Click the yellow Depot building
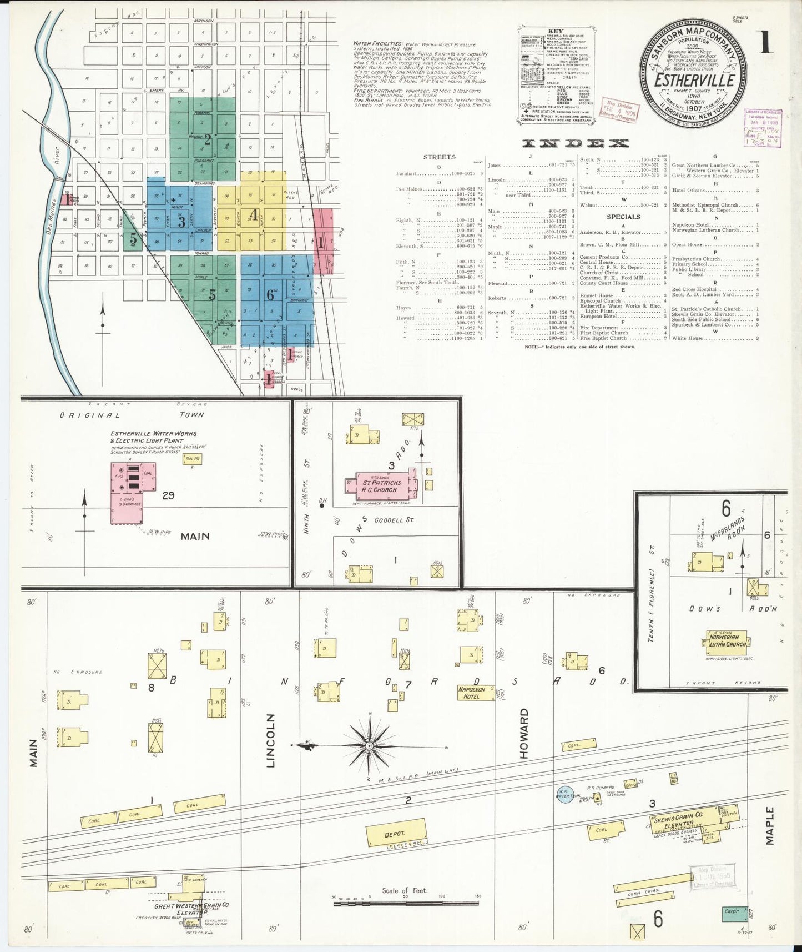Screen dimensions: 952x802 point(395,834)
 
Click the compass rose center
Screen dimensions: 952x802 point(369,745)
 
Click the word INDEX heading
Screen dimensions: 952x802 point(576,143)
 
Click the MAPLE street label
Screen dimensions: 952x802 point(769,826)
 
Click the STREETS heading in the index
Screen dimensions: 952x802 point(440,157)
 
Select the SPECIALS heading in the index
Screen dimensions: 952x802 point(623,217)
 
